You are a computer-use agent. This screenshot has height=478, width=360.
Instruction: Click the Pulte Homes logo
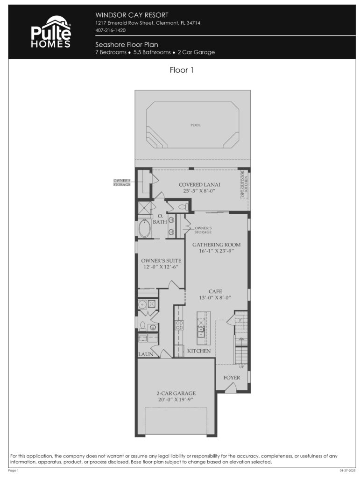pyautogui.click(x=50, y=32)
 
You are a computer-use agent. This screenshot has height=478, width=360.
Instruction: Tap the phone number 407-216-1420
pyautogui.click(x=110, y=30)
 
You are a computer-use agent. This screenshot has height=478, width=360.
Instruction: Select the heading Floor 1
pyautogui.click(x=181, y=70)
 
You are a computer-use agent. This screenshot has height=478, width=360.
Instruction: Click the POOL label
pyautogui.click(x=195, y=125)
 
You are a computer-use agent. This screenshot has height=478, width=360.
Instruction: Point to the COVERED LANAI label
pyautogui.click(x=199, y=185)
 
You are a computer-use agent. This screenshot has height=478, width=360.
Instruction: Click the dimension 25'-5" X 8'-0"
pyautogui.click(x=199, y=191)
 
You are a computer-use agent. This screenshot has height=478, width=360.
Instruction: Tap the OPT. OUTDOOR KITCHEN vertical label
pyautogui.click(x=244, y=185)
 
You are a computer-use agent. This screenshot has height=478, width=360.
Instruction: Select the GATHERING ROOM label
pyautogui.click(x=216, y=245)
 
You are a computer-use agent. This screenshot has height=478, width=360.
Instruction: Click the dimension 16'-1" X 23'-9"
pyautogui.click(x=216, y=251)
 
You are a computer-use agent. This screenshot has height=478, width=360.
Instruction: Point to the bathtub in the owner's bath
pyautogui.click(x=145, y=229)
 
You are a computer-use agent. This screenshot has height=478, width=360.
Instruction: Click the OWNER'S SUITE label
pyautogui.click(x=161, y=260)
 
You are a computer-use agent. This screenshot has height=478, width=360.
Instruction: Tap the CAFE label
pyautogui.click(x=215, y=291)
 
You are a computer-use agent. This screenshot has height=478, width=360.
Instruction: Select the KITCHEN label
pyautogui.click(x=199, y=351)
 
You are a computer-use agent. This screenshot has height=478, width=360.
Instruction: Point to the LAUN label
pyautogui.click(x=145, y=354)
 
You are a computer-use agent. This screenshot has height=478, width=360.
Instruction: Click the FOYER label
pyautogui.click(x=232, y=377)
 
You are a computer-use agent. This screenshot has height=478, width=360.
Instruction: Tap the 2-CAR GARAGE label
pyautogui.click(x=176, y=393)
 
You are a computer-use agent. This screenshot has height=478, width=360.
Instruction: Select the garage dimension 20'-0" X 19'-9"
pyautogui.click(x=176, y=400)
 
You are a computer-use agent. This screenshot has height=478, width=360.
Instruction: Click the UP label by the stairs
pyautogui.click(x=241, y=367)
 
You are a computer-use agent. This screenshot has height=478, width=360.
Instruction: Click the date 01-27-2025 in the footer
pyautogui.click(x=348, y=470)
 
